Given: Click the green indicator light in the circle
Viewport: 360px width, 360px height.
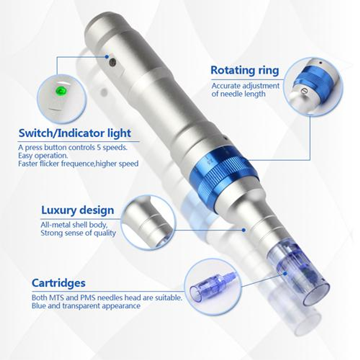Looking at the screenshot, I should tap(61, 90).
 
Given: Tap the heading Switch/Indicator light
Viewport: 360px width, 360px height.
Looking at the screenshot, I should tap(75, 133).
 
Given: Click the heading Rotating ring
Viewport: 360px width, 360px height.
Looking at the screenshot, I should tap(244, 70).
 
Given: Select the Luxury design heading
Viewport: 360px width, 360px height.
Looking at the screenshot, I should tap(77, 210).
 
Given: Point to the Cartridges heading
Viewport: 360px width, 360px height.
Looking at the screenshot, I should tap(58, 283).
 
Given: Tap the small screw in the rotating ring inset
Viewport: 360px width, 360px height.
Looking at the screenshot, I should tap(304, 91).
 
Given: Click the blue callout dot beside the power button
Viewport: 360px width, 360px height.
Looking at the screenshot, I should tap(106, 56).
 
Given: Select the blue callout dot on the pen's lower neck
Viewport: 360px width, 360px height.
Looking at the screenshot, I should tap(244, 230).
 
